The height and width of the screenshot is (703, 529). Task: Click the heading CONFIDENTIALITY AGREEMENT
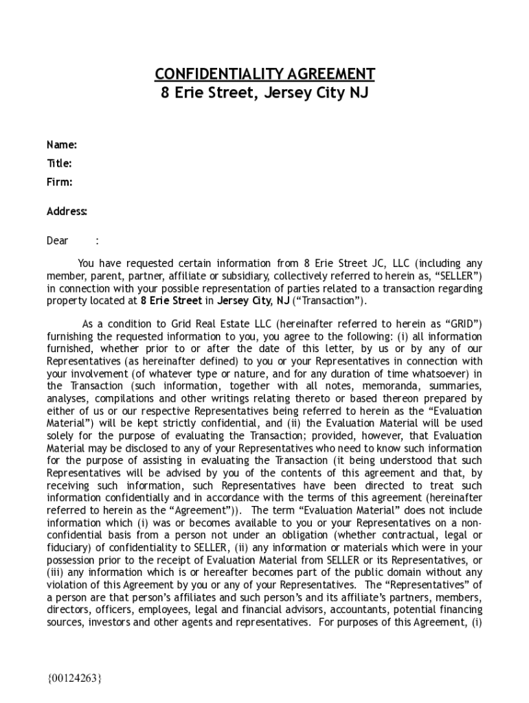(x=264, y=74)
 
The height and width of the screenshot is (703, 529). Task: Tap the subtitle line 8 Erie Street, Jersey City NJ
(x=264, y=93)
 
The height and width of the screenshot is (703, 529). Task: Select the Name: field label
(x=61, y=145)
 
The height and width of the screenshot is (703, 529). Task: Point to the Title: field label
(x=59, y=163)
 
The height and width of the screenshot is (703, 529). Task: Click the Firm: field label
(x=59, y=182)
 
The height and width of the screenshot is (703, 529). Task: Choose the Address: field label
(x=67, y=211)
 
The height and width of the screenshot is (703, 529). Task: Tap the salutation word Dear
(x=57, y=241)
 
